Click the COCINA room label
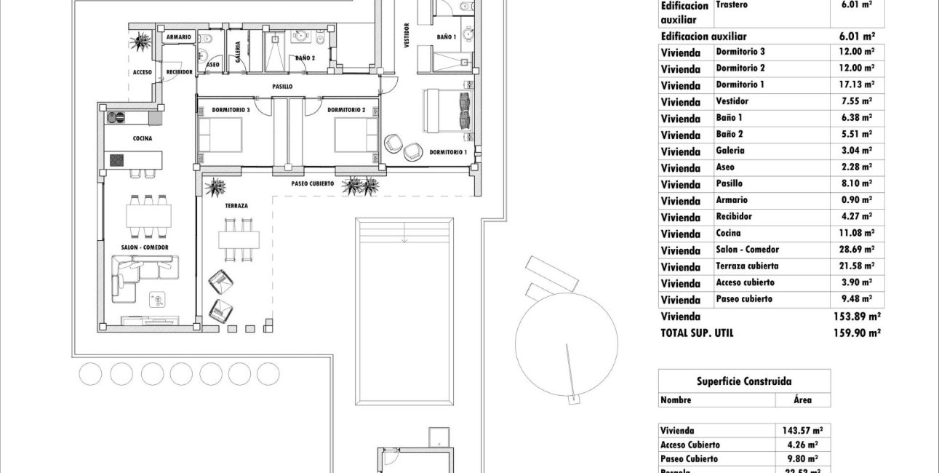click(142, 138)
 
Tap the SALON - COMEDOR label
click(145, 247)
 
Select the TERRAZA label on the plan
click(236, 206)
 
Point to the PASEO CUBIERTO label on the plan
click(312, 184)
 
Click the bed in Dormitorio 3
click(220, 135)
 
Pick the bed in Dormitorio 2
click(356, 135)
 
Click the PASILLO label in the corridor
click(282, 87)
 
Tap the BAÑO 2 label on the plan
click(305, 57)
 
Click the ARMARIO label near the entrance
click(178, 36)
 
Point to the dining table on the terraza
click(239, 239)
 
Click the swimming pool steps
click(404, 233)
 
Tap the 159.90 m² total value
click(857, 333)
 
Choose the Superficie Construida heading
click(744, 381)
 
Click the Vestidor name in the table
click(732, 101)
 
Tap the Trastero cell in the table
click(732, 4)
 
